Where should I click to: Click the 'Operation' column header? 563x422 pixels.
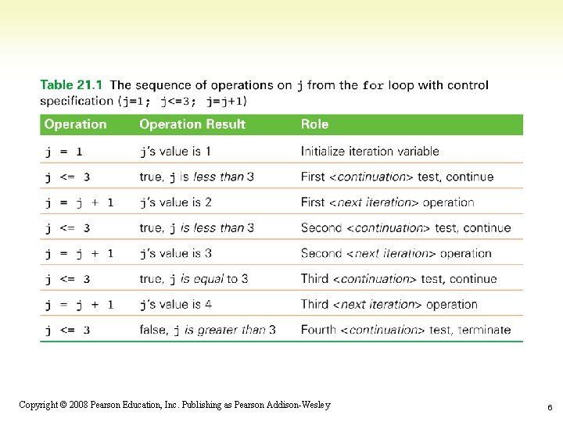pos(75,124)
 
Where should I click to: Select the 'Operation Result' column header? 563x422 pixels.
pos(192,124)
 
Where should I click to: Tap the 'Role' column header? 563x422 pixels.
pos(314,124)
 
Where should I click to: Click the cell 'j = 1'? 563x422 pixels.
pos(63,152)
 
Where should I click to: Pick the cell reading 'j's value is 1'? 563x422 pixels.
pos(175,152)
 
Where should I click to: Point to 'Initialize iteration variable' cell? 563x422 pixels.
pos(370,152)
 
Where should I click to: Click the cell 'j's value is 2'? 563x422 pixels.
pos(175,202)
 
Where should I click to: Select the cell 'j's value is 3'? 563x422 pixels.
pos(175,253)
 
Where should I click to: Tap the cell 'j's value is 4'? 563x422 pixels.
pos(175,304)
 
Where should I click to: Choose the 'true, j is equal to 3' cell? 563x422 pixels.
pos(193,279)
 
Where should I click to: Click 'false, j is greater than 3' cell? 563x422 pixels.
pos(207,330)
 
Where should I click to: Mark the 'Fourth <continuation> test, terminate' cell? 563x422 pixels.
pos(405,330)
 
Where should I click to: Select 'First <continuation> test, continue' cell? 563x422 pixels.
pos(397,177)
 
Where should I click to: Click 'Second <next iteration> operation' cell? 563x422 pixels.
pos(396,253)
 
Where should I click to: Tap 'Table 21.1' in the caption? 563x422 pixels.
pos(72,84)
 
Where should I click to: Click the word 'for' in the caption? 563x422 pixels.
pos(374,85)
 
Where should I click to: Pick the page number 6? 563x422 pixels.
pos(550,407)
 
